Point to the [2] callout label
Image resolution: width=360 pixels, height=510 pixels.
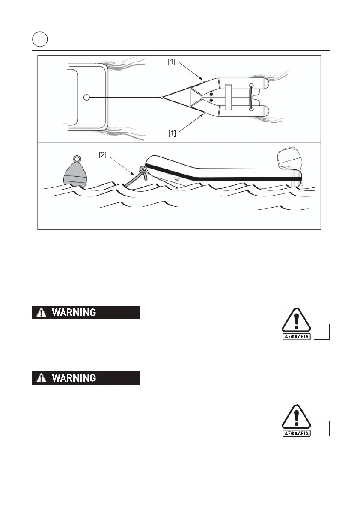(103, 155)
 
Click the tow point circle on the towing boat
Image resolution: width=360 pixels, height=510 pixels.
(86, 98)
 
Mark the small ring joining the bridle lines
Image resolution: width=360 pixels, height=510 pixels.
(161, 98)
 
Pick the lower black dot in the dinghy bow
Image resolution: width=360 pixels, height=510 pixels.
(211, 101)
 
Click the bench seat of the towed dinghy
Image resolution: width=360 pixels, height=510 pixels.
(229, 98)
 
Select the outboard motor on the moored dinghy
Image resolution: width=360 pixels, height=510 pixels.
(289, 163)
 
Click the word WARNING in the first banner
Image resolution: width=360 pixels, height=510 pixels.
(74, 313)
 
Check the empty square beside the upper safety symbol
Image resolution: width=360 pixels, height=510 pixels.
(322, 332)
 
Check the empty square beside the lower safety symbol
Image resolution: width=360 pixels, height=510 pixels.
(322, 428)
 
